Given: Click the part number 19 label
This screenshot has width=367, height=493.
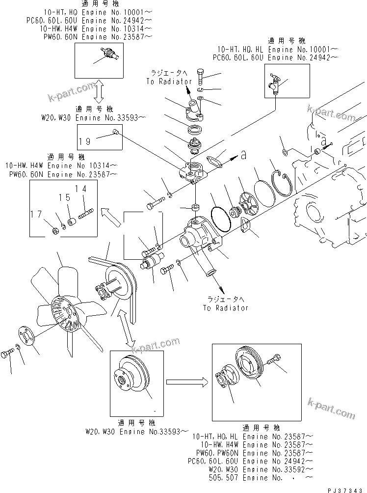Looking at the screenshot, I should (x=85, y=141).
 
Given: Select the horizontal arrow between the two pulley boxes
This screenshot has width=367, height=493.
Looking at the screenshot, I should (x=185, y=381).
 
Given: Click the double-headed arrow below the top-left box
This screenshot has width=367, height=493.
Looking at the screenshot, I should (x=99, y=92).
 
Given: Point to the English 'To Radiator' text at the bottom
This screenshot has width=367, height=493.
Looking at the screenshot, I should (x=225, y=308).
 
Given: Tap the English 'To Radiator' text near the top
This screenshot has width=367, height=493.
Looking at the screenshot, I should (x=165, y=82).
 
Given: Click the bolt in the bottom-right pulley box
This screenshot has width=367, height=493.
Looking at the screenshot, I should (x=273, y=361).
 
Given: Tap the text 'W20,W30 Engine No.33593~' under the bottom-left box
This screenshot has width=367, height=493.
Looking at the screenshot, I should (x=136, y=432).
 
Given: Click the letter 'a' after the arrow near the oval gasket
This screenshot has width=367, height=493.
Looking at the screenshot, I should (x=243, y=155).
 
